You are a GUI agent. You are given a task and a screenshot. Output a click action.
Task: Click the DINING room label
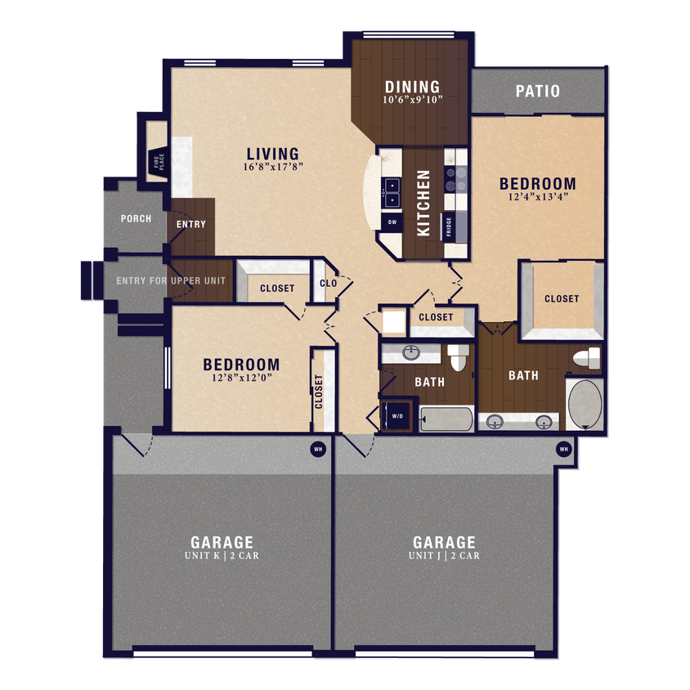[412, 87]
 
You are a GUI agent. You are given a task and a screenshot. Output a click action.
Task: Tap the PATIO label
[537, 91]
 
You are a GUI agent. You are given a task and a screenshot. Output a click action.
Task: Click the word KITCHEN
[423, 203]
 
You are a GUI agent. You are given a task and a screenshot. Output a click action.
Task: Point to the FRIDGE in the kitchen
[450, 226]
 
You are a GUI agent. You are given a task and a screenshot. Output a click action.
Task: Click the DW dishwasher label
[392, 222]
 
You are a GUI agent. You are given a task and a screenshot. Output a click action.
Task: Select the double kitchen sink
[392, 192]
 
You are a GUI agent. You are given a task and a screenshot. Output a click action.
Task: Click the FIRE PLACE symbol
[157, 162]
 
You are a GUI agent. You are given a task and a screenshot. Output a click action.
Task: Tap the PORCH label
[135, 218]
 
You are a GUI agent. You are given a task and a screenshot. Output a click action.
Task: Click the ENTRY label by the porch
[190, 224]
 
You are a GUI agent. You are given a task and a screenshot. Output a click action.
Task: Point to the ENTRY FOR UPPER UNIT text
[170, 281]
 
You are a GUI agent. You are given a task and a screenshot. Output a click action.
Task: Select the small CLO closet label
[329, 284]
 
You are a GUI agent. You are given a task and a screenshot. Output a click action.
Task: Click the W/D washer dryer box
[398, 415]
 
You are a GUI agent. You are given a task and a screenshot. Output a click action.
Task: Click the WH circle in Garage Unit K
[317, 448]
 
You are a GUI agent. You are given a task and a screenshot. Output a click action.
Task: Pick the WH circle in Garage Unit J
[563, 449]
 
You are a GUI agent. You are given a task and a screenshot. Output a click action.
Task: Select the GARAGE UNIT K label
[222, 547]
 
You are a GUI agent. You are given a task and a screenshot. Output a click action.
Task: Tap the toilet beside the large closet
[587, 358]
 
